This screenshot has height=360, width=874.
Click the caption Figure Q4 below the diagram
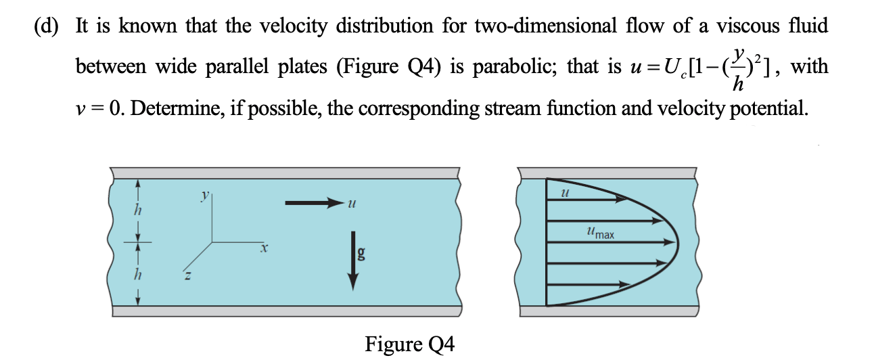tap(410, 344)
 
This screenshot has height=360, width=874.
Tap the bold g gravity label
tap(362, 254)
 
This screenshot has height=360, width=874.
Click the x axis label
tap(266, 250)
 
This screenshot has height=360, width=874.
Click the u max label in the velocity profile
tap(601, 234)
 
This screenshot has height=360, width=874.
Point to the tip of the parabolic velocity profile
tap(677, 242)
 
